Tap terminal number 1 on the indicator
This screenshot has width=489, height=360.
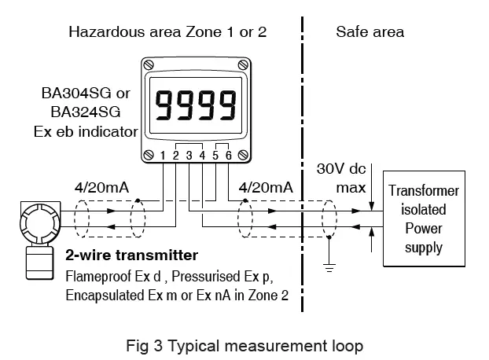point(163,155)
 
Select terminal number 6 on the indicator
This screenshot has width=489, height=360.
point(229,155)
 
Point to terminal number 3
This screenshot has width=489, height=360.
point(189,155)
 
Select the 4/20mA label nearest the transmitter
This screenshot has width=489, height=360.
point(97,188)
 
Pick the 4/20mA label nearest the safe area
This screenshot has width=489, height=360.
point(266,188)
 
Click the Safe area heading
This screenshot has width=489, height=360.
point(370,32)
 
